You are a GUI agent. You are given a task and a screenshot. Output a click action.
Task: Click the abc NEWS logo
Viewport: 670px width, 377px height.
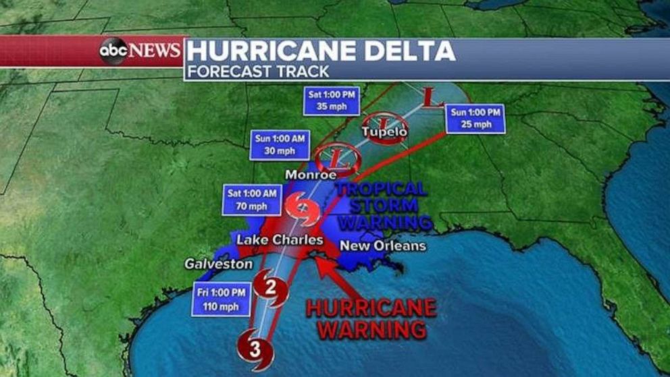[140, 51]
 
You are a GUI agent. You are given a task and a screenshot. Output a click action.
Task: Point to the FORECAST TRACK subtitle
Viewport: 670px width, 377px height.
[259, 71]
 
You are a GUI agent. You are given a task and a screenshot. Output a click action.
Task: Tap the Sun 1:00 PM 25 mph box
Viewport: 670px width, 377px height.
[476, 118]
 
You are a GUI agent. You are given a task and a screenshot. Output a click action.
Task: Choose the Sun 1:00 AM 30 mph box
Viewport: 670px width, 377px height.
[280, 145]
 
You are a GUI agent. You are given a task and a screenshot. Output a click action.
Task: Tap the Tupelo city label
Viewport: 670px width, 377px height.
[384, 132]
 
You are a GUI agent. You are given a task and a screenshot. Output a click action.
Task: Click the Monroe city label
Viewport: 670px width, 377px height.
[311, 175]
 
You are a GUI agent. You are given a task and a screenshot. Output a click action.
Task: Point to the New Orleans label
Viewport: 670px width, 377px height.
[382, 246]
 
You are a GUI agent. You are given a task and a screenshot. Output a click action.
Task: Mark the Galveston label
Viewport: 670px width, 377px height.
[219, 264]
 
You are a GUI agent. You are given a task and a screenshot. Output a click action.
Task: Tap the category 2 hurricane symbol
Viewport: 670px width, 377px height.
[272, 289]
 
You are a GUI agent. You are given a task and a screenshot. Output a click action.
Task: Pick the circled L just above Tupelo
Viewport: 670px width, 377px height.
[382, 121]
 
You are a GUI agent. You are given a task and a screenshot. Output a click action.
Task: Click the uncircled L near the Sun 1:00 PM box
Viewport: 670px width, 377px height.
[431, 98]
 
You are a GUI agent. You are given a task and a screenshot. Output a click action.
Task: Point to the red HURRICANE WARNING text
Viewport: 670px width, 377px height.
[371, 319]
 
